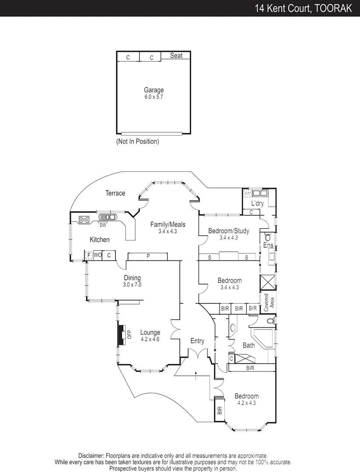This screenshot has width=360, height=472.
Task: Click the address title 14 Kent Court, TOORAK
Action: click(x=304, y=8)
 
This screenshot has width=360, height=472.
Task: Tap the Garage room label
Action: click(x=154, y=90)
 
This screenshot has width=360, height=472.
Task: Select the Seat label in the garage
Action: click(x=176, y=56)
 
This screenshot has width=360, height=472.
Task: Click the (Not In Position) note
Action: click(x=137, y=142)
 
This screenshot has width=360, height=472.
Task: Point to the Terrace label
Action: click(x=115, y=193)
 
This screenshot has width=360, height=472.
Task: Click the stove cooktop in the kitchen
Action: click(x=84, y=219)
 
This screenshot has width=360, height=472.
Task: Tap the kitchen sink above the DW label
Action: click(x=108, y=218)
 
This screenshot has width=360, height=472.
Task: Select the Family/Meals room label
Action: click(x=168, y=225)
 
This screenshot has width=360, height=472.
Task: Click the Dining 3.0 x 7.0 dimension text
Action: click(x=132, y=285)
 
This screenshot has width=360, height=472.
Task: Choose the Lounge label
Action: click(x=150, y=333)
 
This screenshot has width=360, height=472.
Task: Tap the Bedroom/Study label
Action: click(x=228, y=231)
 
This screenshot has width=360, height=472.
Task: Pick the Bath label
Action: click(x=248, y=345)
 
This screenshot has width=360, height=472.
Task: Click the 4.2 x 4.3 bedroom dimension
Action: click(x=246, y=403)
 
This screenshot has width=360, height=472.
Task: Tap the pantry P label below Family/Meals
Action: click(x=148, y=257)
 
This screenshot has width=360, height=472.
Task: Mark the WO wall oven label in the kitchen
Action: click(x=97, y=255)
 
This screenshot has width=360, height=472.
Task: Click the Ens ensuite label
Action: click(x=268, y=246)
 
